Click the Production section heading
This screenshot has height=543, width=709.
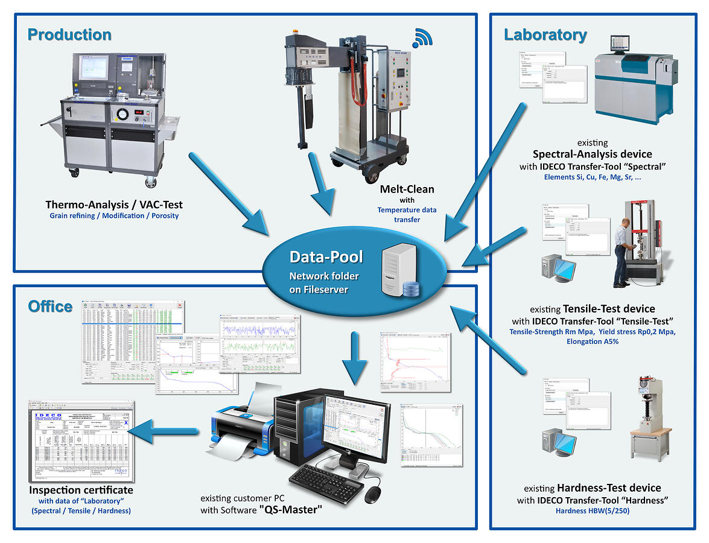[70, 35]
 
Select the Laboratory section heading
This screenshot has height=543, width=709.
[545, 35]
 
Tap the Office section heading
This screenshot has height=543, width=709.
[51, 306]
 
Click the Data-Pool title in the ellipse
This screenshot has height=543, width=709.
[326, 257]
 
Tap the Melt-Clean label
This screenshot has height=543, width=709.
[407, 189]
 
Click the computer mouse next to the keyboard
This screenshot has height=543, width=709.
[374, 494]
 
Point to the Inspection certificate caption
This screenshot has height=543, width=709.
[81, 490]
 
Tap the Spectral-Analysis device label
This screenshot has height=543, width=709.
[592, 154]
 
